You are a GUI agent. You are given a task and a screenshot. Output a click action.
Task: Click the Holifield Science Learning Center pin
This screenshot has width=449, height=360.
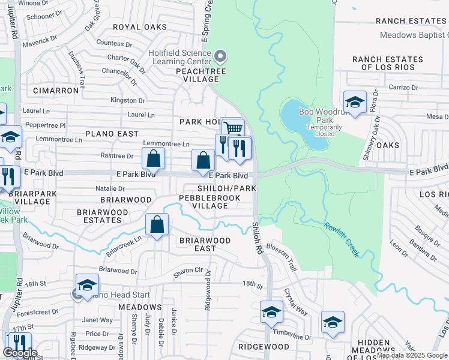[x=220, y=57]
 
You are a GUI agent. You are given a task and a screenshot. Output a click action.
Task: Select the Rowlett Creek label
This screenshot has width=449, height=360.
[x=342, y=240]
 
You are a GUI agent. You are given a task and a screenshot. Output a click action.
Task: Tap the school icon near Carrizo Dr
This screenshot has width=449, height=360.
[x=355, y=101]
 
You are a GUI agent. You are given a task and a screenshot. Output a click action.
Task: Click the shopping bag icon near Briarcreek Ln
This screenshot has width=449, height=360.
[x=157, y=225]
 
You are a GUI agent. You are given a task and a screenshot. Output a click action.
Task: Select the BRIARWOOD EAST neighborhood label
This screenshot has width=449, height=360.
[x=205, y=244]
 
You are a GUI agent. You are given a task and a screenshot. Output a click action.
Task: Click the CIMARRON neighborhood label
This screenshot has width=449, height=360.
[x=56, y=91]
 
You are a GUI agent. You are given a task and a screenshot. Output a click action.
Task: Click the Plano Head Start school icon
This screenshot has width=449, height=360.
[x=87, y=284]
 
